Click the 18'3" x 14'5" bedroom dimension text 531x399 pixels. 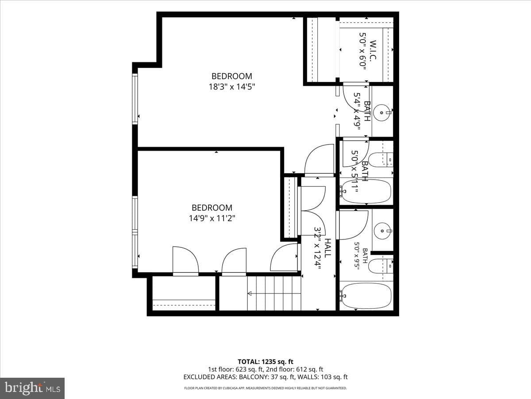click(232, 87)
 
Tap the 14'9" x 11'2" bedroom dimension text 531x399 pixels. click(212, 219)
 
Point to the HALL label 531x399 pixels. click(327, 248)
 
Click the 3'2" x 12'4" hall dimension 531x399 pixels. click(317, 248)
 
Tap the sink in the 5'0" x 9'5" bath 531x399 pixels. click(382, 231)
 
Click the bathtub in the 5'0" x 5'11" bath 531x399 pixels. click(366, 192)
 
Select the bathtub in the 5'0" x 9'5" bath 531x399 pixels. click(366, 296)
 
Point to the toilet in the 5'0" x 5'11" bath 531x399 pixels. click(381, 160)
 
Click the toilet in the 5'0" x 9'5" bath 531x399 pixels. click(381, 266)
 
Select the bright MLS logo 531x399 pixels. click(32, 388)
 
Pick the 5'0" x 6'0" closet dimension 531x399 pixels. click(362, 51)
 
